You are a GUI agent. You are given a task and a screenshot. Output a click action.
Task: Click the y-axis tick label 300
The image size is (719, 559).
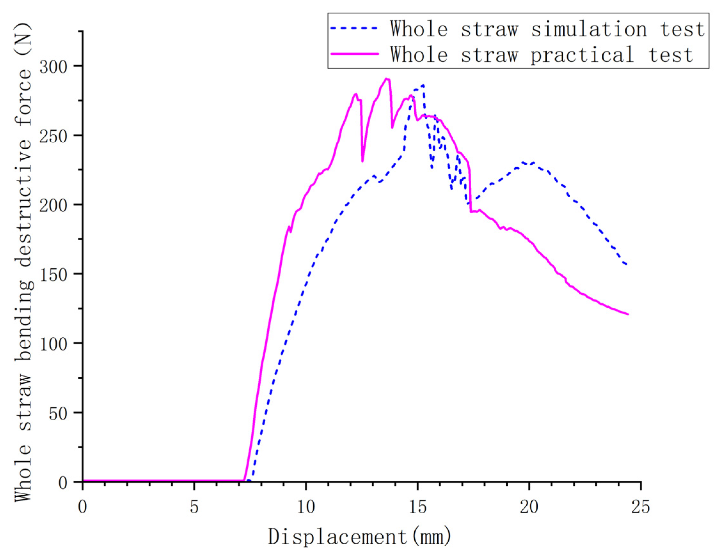pos(53,67)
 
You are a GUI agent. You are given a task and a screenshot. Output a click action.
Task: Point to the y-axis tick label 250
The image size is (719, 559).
pos(53,136)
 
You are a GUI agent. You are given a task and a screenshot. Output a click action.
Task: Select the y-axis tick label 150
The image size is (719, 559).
pos(53,274)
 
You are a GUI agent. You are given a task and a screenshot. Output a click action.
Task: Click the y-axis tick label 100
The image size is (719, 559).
pos(53,343)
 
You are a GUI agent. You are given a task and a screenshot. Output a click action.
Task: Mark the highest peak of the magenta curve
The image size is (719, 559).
pos(387,79)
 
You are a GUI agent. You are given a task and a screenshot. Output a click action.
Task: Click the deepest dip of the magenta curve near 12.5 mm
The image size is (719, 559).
pos(363,161)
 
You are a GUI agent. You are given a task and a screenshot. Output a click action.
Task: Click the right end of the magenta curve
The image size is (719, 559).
pos(628,314)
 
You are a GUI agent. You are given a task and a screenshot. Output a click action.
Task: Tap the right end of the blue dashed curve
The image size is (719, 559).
pos(627,264)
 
